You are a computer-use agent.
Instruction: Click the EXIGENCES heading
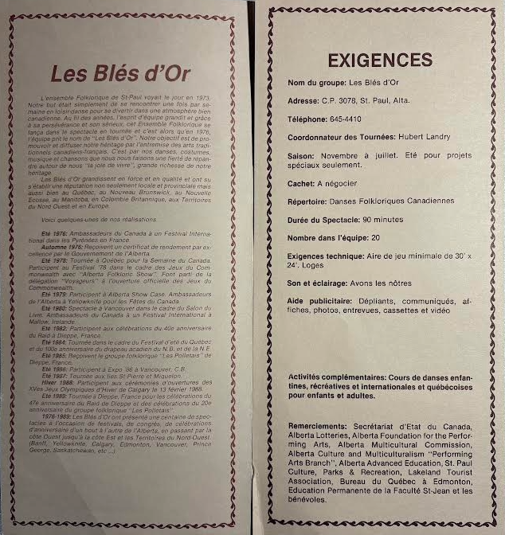coord(380,61)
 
